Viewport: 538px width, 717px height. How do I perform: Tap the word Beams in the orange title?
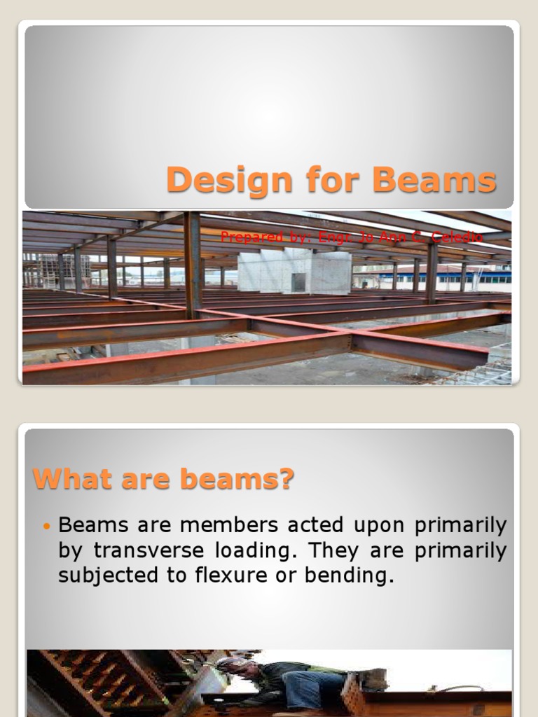pos(434,181)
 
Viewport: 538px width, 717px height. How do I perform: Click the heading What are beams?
pos(164,480)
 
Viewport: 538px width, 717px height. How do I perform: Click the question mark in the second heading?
pos(286,480)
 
